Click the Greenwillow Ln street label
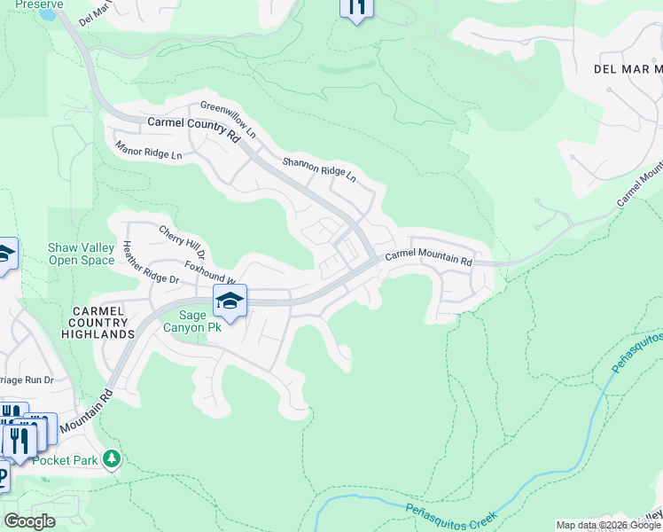[x=228, y=120]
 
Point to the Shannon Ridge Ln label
[x=319, y=169]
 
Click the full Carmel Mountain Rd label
[x=428, y=258]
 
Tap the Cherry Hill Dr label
[x=182, y=242]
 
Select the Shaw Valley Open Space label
[x=82, y=254]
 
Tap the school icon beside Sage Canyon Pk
[x=230, y=301]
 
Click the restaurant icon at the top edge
[x=356, y=7]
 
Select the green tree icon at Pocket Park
[x=112, y=458]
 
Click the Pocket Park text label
[x=65, y=460]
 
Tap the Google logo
[x=29, y=521]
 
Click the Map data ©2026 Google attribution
[x=607, y=525]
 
